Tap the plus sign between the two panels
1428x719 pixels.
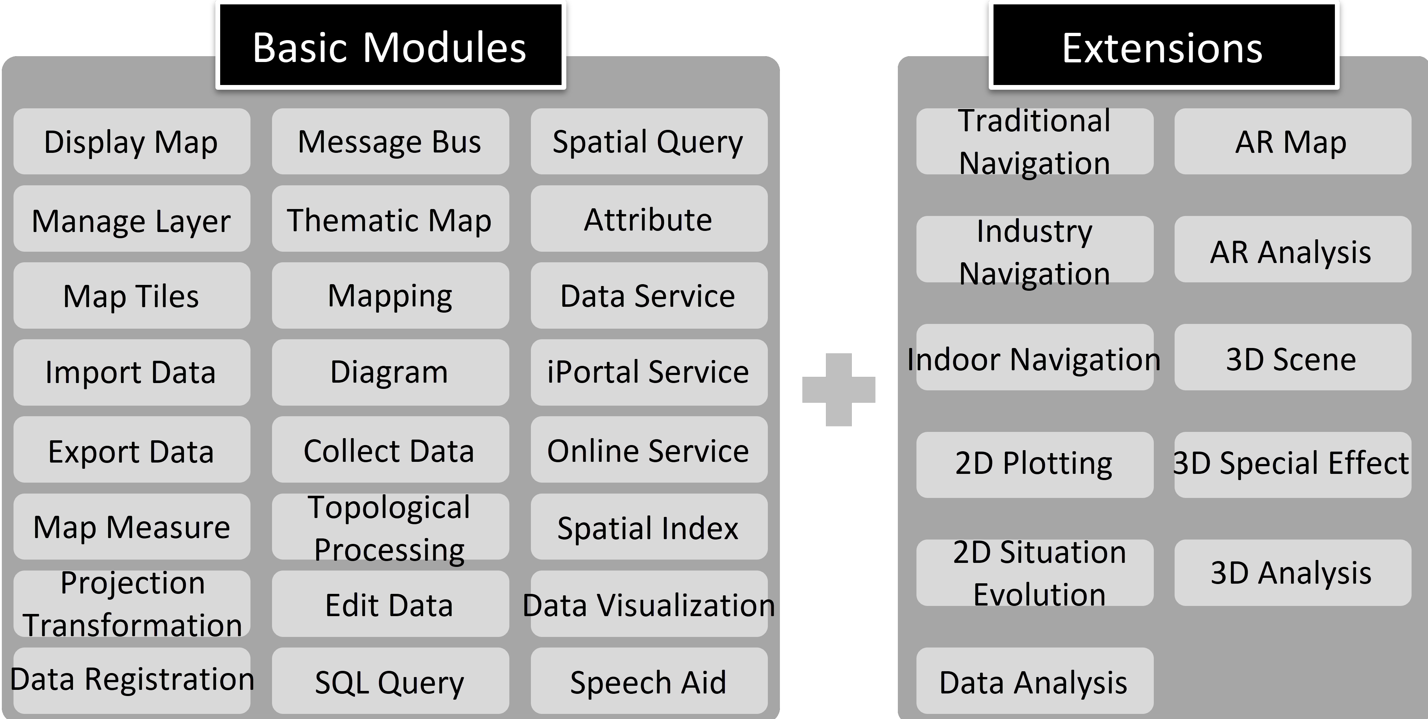838,389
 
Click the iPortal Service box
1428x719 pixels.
648,372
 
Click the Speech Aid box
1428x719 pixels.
648,681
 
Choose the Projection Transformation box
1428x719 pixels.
131,604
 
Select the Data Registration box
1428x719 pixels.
131,680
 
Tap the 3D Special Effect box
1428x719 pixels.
1292,464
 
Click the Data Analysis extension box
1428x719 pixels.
1034,681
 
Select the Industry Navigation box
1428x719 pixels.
1034,250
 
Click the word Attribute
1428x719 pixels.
648,219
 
